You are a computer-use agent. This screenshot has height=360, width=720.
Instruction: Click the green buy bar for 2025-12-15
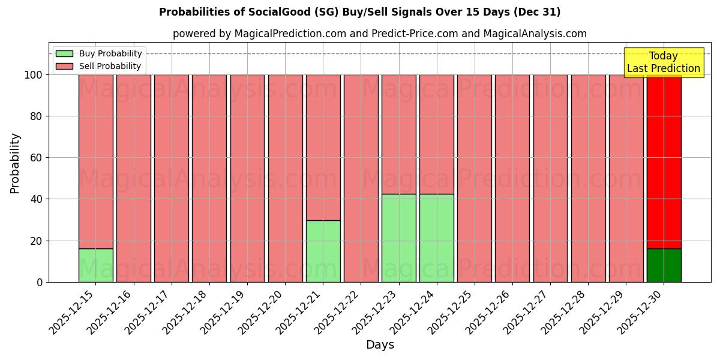click(x=95, y=265)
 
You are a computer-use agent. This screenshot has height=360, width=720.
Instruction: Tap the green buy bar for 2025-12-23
click(x=398, y=238)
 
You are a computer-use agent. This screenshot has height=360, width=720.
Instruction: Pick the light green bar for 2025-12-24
click(x=436, y=238)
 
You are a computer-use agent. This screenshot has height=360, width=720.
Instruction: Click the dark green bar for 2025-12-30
click(x=664, y=265)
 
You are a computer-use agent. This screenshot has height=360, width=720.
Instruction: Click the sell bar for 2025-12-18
click(x=209, y=178)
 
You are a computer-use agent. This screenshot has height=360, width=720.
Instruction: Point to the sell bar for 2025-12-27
click(x=550, y=178)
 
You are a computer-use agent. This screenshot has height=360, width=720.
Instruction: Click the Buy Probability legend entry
click(x=99, y=53)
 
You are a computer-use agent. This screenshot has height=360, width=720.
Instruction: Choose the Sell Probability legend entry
click(x=99, y=66)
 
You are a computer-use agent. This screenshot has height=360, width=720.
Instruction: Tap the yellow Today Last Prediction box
click(x=664, y=62)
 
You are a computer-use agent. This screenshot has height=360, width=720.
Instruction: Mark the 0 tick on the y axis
click(x=40, y=282)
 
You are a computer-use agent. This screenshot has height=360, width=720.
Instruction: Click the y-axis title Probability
click(x=15, y=163)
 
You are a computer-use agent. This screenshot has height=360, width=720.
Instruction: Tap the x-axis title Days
click(x=380, y=345)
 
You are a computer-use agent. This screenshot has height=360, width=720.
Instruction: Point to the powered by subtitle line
click(x=380, y=34)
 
